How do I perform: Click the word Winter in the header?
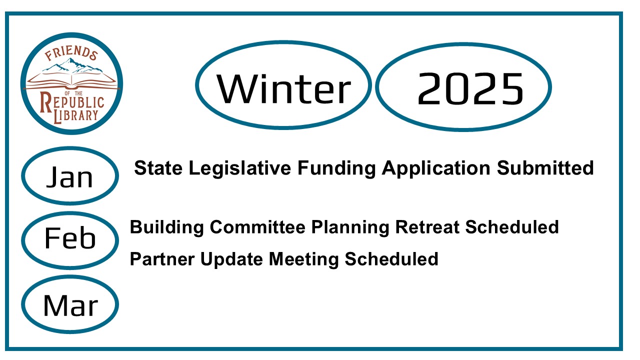(x=283, y=88)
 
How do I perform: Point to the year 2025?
(x=470, y=88)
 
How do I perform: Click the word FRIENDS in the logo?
(x=71, y=53)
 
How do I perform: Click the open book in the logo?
(x=71, y=81)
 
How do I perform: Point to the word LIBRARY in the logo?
(x=76, y=115)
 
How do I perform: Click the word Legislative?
(x=240, y=168)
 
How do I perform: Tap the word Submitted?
(x=545, y=168)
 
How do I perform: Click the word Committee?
(x=257, y=227)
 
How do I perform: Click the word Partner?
(x=162, y=259)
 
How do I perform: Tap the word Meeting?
(x=303, y=260)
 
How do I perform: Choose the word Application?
(x=436, y=169)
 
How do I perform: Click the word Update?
(x=231, y=260)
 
